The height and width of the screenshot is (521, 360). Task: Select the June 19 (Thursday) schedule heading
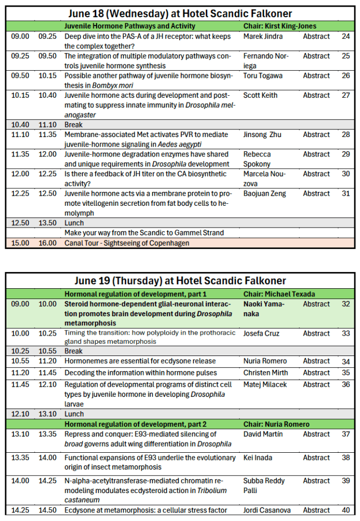click(x=180, y=281)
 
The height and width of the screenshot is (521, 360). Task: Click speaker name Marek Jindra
click(x=263, y=37)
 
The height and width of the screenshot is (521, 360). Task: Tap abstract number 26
click(x=346, y=76)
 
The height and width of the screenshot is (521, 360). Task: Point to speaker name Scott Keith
click(x=261, y=95)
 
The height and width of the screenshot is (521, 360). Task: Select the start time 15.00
click(x=19, y=243)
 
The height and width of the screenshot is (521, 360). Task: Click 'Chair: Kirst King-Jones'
click(x=280, y=26)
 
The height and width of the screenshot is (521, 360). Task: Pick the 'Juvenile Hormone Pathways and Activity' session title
click(x=130, y=26)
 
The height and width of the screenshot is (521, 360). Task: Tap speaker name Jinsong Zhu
click(x=262, y=135)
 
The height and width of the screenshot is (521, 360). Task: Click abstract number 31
click(x=346, y=194)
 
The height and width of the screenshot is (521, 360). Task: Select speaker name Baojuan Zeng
click(x=265, y=194)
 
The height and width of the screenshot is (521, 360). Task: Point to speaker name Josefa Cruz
click(x=262, y=334)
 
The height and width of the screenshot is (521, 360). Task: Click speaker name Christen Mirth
click(x=265, y=373)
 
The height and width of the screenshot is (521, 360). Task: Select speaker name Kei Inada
click(x=258, y=458)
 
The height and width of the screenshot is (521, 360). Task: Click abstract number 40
click(x=346, y=510)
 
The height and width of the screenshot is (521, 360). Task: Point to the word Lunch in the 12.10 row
click(x=74, y=414)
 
